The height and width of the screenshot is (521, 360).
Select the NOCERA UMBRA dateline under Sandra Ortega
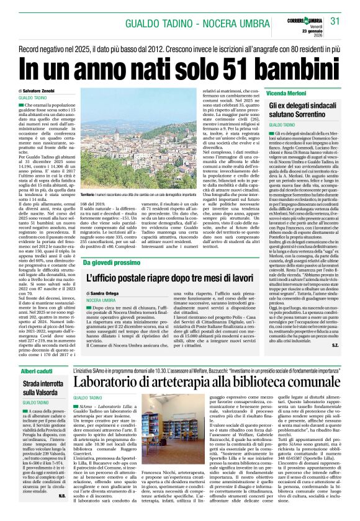click(x=101, y=300)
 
